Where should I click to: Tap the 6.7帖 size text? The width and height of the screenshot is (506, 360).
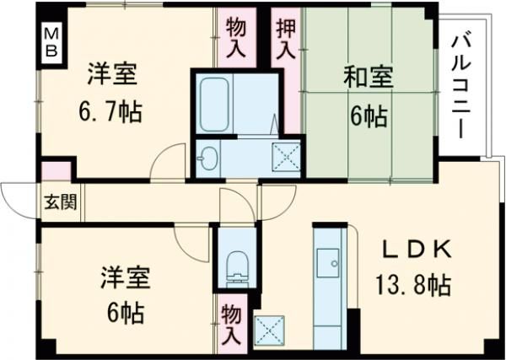click(110, 110)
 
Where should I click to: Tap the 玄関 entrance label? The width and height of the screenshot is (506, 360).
click(57, 203)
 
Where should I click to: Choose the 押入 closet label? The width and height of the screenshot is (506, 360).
click(286, 36)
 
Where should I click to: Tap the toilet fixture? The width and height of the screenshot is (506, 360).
click(237, 264)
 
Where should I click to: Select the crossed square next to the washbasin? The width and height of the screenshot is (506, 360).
click(284, 158)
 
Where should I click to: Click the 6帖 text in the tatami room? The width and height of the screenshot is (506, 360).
click(368, 116)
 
